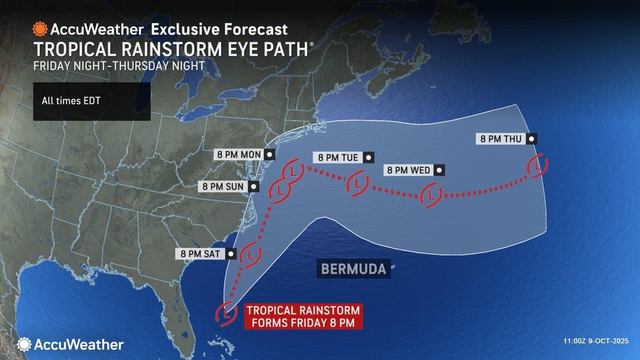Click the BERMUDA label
353,269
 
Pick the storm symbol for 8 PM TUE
357,183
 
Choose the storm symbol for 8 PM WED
430,195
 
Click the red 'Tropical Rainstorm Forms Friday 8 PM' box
303,317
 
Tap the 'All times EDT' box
92,101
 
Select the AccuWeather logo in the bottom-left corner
70,345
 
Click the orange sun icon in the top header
40,29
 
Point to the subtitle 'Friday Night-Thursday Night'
119,66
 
